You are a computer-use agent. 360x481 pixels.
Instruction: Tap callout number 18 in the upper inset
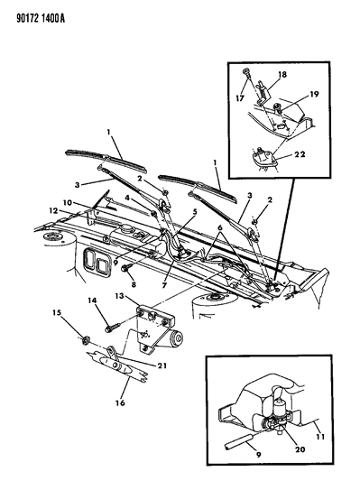(282, 74)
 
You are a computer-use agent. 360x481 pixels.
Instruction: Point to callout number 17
(240, 98)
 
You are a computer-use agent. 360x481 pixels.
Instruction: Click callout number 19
(314, 94)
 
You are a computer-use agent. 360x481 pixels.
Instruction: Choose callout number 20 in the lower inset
(300, 449)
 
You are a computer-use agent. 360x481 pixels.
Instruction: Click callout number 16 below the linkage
(121, 402)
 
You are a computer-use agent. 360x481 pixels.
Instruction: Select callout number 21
(162, 365)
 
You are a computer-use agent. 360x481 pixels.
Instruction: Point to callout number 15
(57, 312)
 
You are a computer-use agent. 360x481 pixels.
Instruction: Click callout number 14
(92, 301)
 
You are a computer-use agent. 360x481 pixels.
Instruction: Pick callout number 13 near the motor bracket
(119, 296)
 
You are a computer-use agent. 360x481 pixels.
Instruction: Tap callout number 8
(134, 284)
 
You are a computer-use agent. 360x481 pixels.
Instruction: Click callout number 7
(164, 285)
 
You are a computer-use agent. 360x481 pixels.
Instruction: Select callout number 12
(53, 211)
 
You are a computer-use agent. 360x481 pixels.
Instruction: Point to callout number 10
(67, 203)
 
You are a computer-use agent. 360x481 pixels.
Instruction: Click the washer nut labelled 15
(86, 339)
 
